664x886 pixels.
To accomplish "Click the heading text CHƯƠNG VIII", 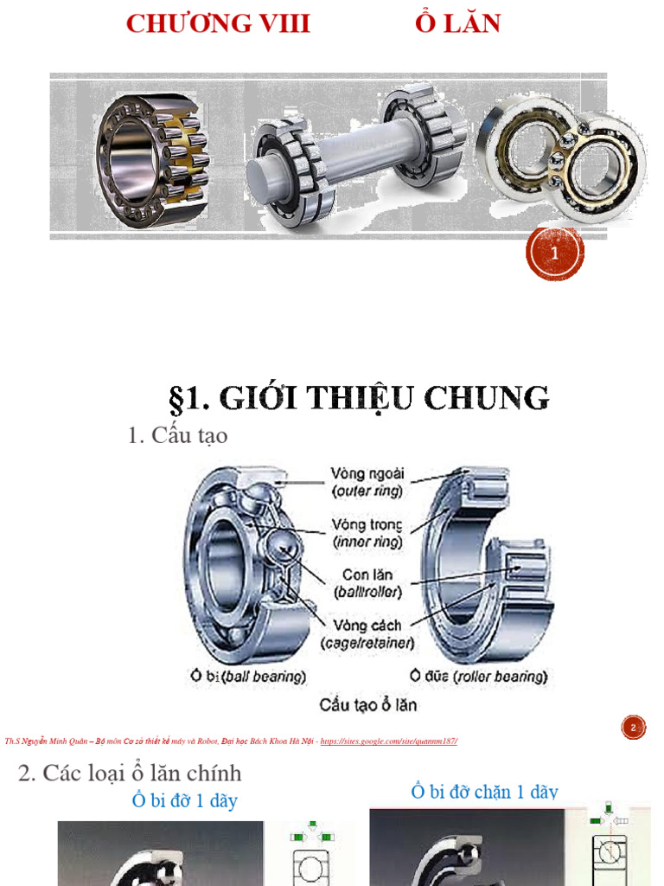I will tap(218, 23).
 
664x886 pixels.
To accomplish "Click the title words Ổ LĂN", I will tap(457, 23).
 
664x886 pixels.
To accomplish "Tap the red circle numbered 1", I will tap(555, 254).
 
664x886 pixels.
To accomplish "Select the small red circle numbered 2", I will tap(634, 728).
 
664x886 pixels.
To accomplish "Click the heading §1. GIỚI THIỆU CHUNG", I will tap(358, 398).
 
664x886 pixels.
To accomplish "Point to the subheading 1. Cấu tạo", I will tap(177, 435).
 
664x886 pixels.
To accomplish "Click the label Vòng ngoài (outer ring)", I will tap(367, 483).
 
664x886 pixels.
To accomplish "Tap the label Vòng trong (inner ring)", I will tap(367, 533).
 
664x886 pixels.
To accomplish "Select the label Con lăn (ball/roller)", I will tap(367, 583).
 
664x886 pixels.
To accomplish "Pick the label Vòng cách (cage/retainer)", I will tap(367, 633).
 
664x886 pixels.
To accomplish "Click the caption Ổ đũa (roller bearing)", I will tap(479, 676).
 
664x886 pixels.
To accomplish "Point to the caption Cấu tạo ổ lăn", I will tap(367, 704).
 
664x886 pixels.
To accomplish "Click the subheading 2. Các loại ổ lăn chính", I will tap(130, 773).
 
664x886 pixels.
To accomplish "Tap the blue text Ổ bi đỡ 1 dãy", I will tap(184, 800).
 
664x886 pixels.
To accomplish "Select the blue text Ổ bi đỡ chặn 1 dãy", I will tap(484, 792).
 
